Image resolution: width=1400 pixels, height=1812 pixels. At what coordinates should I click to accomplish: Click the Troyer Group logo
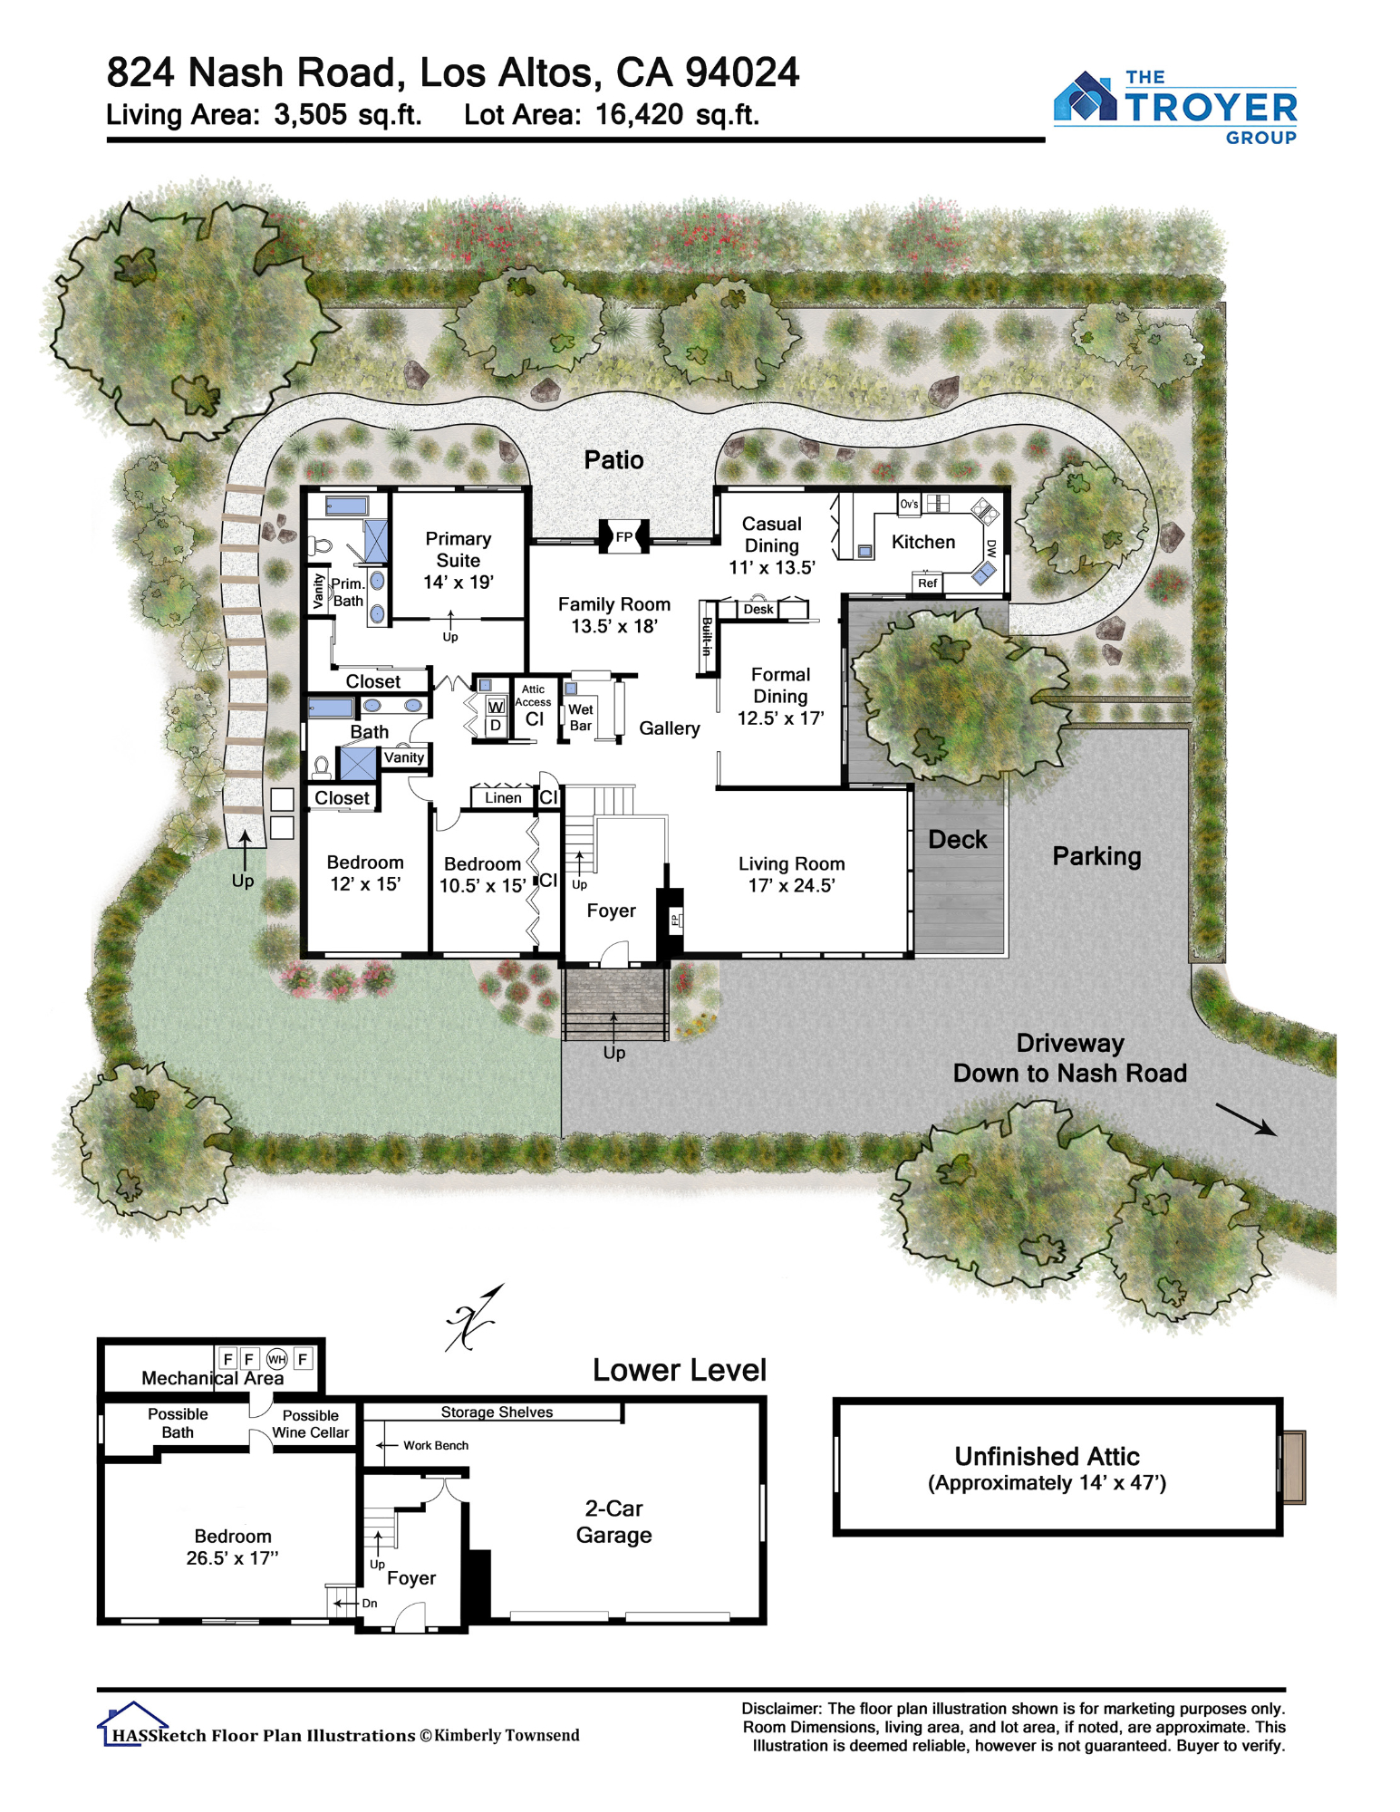(x=1174, y=107)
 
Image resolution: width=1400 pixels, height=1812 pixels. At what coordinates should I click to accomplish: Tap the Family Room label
(x=613, y=604)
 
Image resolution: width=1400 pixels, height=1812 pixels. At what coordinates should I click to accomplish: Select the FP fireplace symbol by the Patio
(x=623, y=536)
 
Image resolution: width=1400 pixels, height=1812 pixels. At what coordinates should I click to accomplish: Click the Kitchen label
(x=922, y=542)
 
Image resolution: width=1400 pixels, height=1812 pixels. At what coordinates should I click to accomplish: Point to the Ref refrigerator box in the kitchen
(x=927, y=583)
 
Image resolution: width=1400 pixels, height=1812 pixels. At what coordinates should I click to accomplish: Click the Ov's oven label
(x=909, y=504)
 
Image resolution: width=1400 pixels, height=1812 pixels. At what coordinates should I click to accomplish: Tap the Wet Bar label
(x=581, y=718)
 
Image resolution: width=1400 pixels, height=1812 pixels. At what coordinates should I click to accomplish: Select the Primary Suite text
(x=459, y=549)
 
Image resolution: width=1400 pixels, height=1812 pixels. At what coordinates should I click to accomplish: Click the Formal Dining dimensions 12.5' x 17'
(x=780, y=718)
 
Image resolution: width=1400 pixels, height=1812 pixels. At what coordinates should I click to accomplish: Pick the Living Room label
(x=791, y=863)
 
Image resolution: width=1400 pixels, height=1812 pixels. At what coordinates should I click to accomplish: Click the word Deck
(x=958, y=839)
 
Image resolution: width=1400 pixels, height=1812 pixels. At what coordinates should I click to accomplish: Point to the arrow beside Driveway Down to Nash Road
(x=1246, y=1119)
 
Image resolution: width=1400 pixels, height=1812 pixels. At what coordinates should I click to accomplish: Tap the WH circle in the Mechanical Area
(x=276, y=1358)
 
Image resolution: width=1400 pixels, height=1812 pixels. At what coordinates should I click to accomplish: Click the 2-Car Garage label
(x=613, y=1521)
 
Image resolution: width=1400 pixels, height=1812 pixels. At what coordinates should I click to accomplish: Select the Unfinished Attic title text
(x=1047, y=1456)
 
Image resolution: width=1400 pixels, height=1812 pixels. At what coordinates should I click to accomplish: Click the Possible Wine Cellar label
(x=310, y=1423)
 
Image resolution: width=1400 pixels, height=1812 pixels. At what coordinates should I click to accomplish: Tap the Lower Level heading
(x=679, y=1370)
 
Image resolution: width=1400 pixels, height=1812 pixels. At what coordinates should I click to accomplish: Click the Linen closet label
(x=503, y=797)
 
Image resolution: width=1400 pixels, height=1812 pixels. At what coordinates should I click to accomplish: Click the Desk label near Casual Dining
(x=758, y=609)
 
